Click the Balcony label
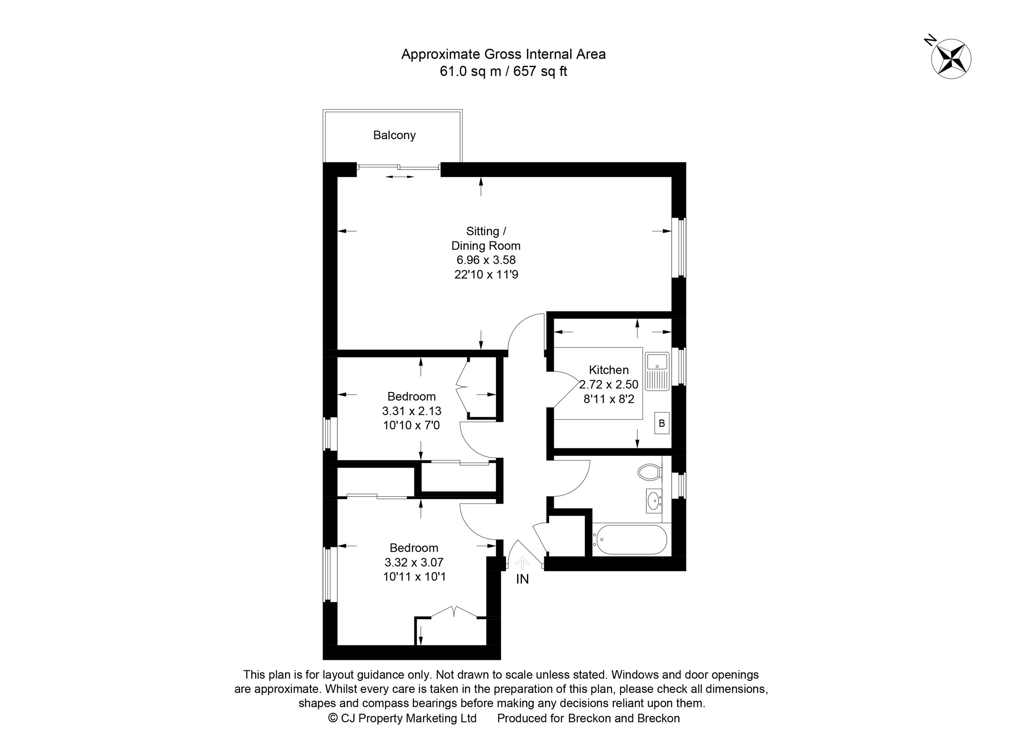click(394, 135)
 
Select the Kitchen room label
click(609, 370)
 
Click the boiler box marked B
click(661, 423)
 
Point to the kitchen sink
click(657, 372)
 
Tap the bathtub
click(629, 540)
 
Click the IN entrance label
click(522, 579)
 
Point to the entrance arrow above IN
click(522, 564)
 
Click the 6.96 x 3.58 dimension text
click(486, 260)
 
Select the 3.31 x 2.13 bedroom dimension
click(411, 411)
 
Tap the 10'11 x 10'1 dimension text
click(414, 577)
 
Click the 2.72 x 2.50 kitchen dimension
click(609, 384)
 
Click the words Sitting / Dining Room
click(486, 238)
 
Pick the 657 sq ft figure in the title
click(540, 72)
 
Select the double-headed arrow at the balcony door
click(400, 177)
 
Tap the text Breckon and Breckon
click(624, 718)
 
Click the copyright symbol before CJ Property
click(332, 718)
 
